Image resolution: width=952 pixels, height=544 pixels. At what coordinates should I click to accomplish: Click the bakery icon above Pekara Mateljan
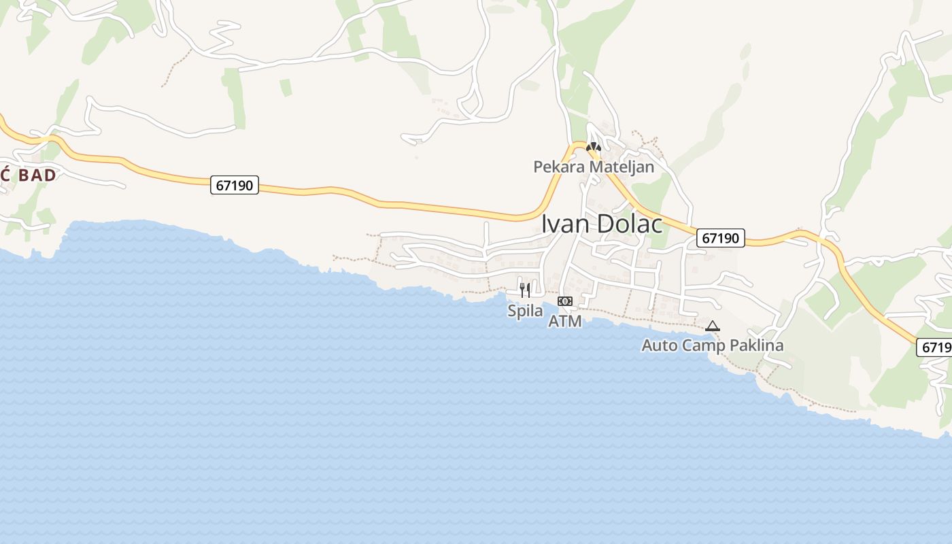tap(594, 147)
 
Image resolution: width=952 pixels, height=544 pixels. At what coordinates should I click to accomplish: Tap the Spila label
tap(526, 311)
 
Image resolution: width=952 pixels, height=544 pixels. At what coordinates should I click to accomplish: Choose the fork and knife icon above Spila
tap(525, 290)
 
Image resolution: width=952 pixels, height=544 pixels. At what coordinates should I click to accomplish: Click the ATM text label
tap(565, 321)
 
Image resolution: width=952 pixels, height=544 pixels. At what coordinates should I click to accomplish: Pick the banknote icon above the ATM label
tap(565, 301)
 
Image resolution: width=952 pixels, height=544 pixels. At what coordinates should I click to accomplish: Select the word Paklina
tap(756, 345)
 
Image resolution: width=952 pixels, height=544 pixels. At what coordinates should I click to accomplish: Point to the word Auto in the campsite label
tap(660, 345)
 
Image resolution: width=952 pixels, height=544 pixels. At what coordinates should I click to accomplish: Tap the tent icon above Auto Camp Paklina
tap(713, 326)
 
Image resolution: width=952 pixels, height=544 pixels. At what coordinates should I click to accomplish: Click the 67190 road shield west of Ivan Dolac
tap(235, 185)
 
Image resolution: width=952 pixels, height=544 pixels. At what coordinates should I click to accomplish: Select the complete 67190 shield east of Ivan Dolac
tap(721, 238)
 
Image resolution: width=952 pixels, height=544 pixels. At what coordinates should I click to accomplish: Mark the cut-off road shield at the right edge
tap(936, 347)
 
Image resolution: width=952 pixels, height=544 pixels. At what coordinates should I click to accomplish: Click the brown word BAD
tap(37, 175)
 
